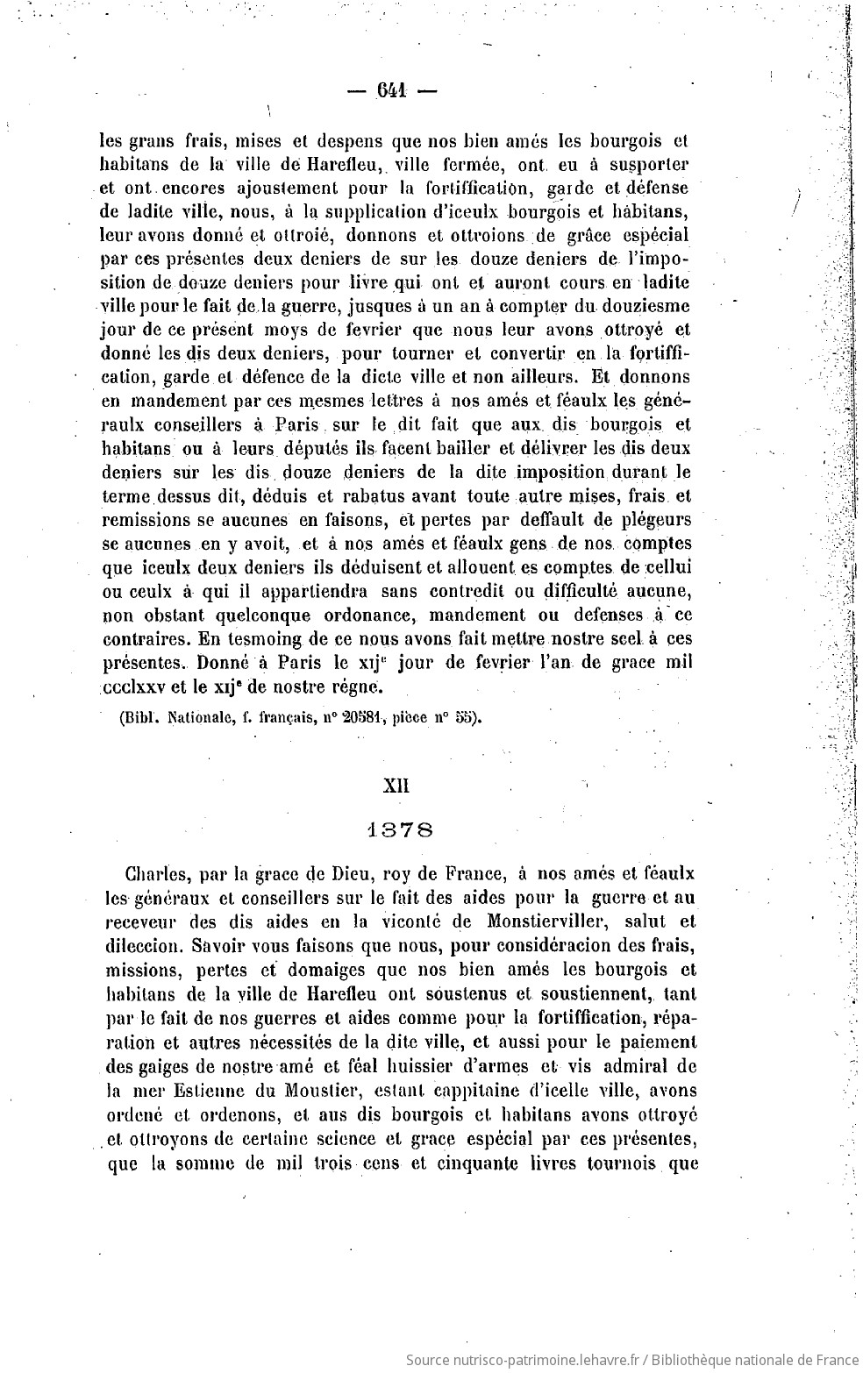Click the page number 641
(x=394, y=91)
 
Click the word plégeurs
(x=653, y=520)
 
